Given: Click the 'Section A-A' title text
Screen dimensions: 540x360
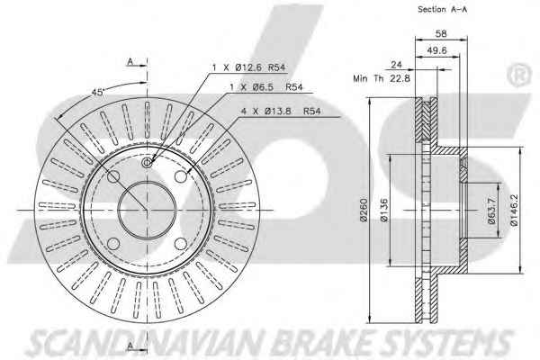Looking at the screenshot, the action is coord(442,9).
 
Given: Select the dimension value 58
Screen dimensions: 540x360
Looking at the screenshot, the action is coord(441,34).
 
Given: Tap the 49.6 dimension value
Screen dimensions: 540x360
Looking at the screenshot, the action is coord(436,50).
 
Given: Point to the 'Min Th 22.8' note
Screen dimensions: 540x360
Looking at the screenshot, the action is coord(382,78).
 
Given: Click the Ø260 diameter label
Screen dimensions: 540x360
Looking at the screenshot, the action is coord(364,210).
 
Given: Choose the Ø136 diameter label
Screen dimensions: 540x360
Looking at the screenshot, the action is coord(384,210).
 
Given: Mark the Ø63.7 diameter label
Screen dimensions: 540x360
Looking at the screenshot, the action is coord(491,211).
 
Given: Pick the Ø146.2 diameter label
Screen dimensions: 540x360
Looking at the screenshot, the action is coord(514,210).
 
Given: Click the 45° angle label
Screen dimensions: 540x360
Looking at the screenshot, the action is coord(98,93).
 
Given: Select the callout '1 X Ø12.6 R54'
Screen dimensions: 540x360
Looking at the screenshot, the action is coord(248,67).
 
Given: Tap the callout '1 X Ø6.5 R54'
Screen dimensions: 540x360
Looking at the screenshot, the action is coord(266,87).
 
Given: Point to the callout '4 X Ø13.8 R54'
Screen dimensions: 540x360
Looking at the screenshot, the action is coord(280,111).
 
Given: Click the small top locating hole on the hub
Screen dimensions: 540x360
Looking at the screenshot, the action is coord(148,162).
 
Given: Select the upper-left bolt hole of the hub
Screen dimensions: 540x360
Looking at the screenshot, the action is coord(113,176).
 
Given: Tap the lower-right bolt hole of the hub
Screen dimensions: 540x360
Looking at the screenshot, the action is coord(181,244).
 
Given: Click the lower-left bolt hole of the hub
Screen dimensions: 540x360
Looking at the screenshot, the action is coord(113,244).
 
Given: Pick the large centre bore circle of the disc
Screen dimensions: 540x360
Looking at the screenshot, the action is coord(147,210).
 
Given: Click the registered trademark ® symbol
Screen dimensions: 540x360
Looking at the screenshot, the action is coord(519,75).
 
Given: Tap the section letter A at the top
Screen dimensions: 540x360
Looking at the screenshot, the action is coord(130,62).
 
